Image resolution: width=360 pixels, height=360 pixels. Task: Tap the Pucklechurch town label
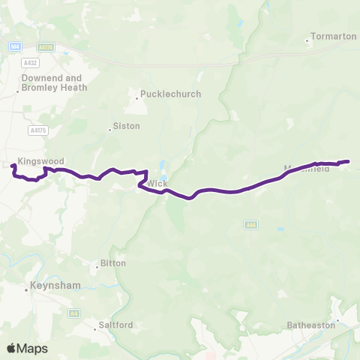[x=160, y=95]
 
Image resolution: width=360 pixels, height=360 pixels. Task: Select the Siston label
[x=126, y=126]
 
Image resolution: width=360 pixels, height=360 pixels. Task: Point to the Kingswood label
[x=42, y=160]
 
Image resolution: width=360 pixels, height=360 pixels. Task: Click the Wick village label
[x=157, y=184]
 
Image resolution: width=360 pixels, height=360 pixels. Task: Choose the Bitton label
[x=113, y=264]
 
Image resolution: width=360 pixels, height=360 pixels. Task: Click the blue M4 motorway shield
[x=15, y=46]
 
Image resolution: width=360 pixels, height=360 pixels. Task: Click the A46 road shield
[x=250, y=223]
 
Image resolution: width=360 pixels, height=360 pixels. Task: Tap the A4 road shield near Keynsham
[x=73, y=313]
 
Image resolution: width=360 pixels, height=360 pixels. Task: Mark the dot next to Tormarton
[x=307, y=40]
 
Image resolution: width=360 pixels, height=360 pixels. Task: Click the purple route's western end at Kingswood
[x=14, y=166]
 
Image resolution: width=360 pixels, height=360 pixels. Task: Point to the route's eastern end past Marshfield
[x=348, y=161]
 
